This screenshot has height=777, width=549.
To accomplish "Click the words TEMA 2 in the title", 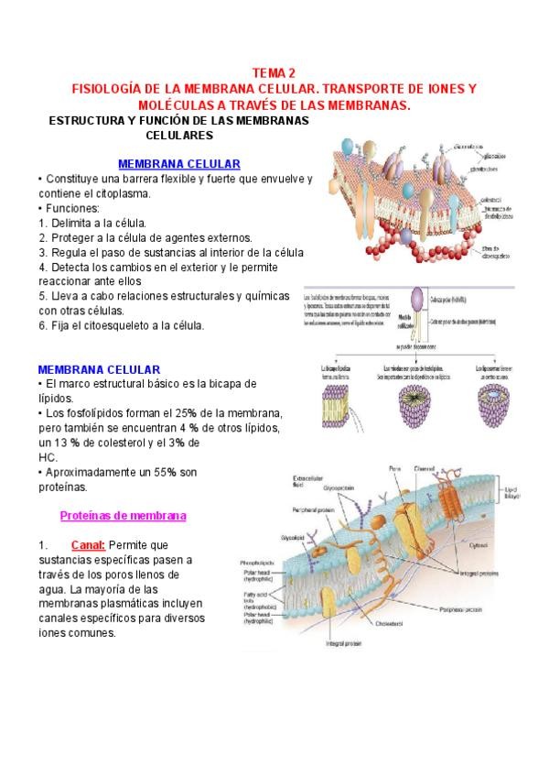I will (274, 73).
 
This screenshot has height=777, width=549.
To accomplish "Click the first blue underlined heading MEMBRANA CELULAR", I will (179, 163).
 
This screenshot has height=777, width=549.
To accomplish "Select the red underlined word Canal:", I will (88, 544).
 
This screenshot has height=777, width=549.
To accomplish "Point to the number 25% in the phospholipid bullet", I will (210, 413).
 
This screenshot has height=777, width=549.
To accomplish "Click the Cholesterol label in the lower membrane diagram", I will (389, 624).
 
